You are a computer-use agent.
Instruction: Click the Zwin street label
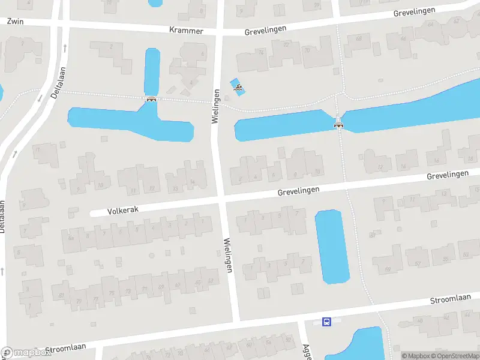click(x=14, y=20)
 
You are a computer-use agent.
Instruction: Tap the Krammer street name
click(x=186, y=30)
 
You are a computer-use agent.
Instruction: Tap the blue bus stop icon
click(x=326, y=322)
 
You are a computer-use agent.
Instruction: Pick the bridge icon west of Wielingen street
click(x=151, y=100)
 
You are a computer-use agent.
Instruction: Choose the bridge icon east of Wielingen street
click(x=339, y=124)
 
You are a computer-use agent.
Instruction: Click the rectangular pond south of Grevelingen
click(x=332, y=246)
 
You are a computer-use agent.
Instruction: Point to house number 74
click(x=260, y=53)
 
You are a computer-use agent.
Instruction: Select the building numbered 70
click(x=307, y=50)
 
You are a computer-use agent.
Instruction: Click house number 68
click(x=359, y=39)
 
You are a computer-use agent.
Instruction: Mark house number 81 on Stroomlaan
click(x=62, y=295)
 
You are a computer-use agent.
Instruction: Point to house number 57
click(x=418, y=263)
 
